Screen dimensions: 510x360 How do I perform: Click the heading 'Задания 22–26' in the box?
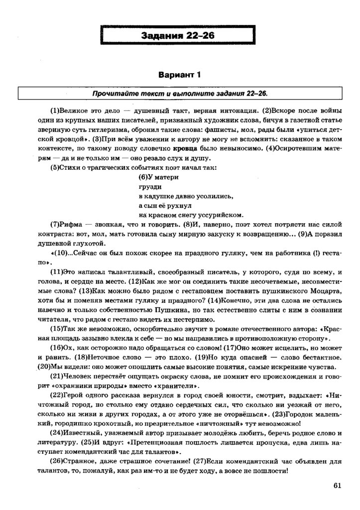[180, 35]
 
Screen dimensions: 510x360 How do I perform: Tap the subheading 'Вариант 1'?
[179, 76]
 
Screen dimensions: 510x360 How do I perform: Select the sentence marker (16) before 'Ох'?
[57, 347]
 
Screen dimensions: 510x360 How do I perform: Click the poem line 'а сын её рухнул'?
[164, 205]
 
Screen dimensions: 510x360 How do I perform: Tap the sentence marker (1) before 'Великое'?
[55, 110]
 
